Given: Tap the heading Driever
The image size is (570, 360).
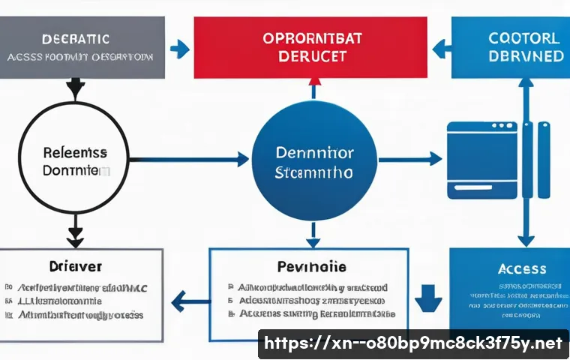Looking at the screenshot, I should pyautogui.click(x=76, y=266).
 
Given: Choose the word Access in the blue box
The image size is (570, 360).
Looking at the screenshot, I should pyautogui.click(x=522, y=268).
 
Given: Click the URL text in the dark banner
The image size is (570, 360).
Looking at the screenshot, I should pyautogui.click(x=413, y=343).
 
